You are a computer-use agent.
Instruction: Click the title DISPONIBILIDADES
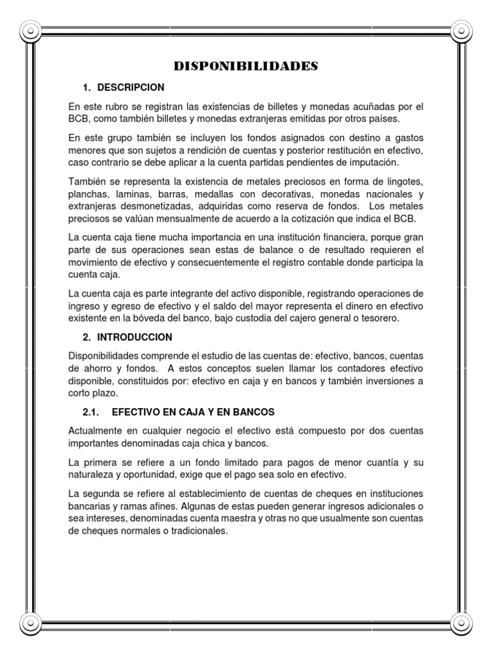point(246,67)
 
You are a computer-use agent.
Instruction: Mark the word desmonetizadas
point(163,206)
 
